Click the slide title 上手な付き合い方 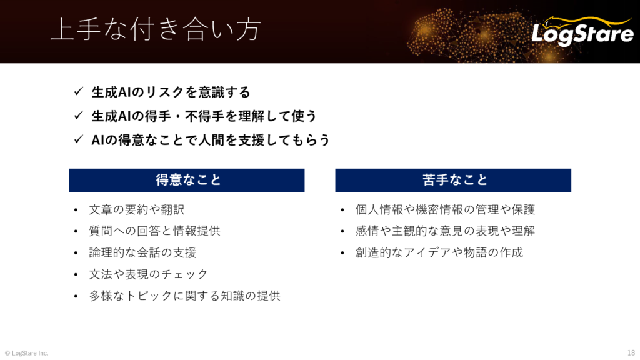click(156, 29)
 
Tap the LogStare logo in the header click(582, 31)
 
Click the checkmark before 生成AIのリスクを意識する click(79, 91)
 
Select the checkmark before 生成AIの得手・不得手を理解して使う click(79, 116)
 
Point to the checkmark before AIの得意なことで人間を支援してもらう click(79, 139)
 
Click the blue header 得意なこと click(186, 181)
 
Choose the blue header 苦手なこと click(453, 181)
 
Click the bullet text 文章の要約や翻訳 click(137, 210)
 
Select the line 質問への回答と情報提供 click(155, 231)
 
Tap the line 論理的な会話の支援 click(143, 252)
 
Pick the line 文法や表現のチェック click(149, 274)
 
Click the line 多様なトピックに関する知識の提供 click(185, 296)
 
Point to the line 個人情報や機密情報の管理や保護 click(445, 210)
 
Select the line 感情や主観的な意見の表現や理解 click(445, 231)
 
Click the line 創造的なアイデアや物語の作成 click(439, 252)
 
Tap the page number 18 click(631, 353)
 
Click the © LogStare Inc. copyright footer click(26, 353)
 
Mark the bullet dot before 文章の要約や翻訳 click(76, 211)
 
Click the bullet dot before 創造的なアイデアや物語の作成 click(342, 254)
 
